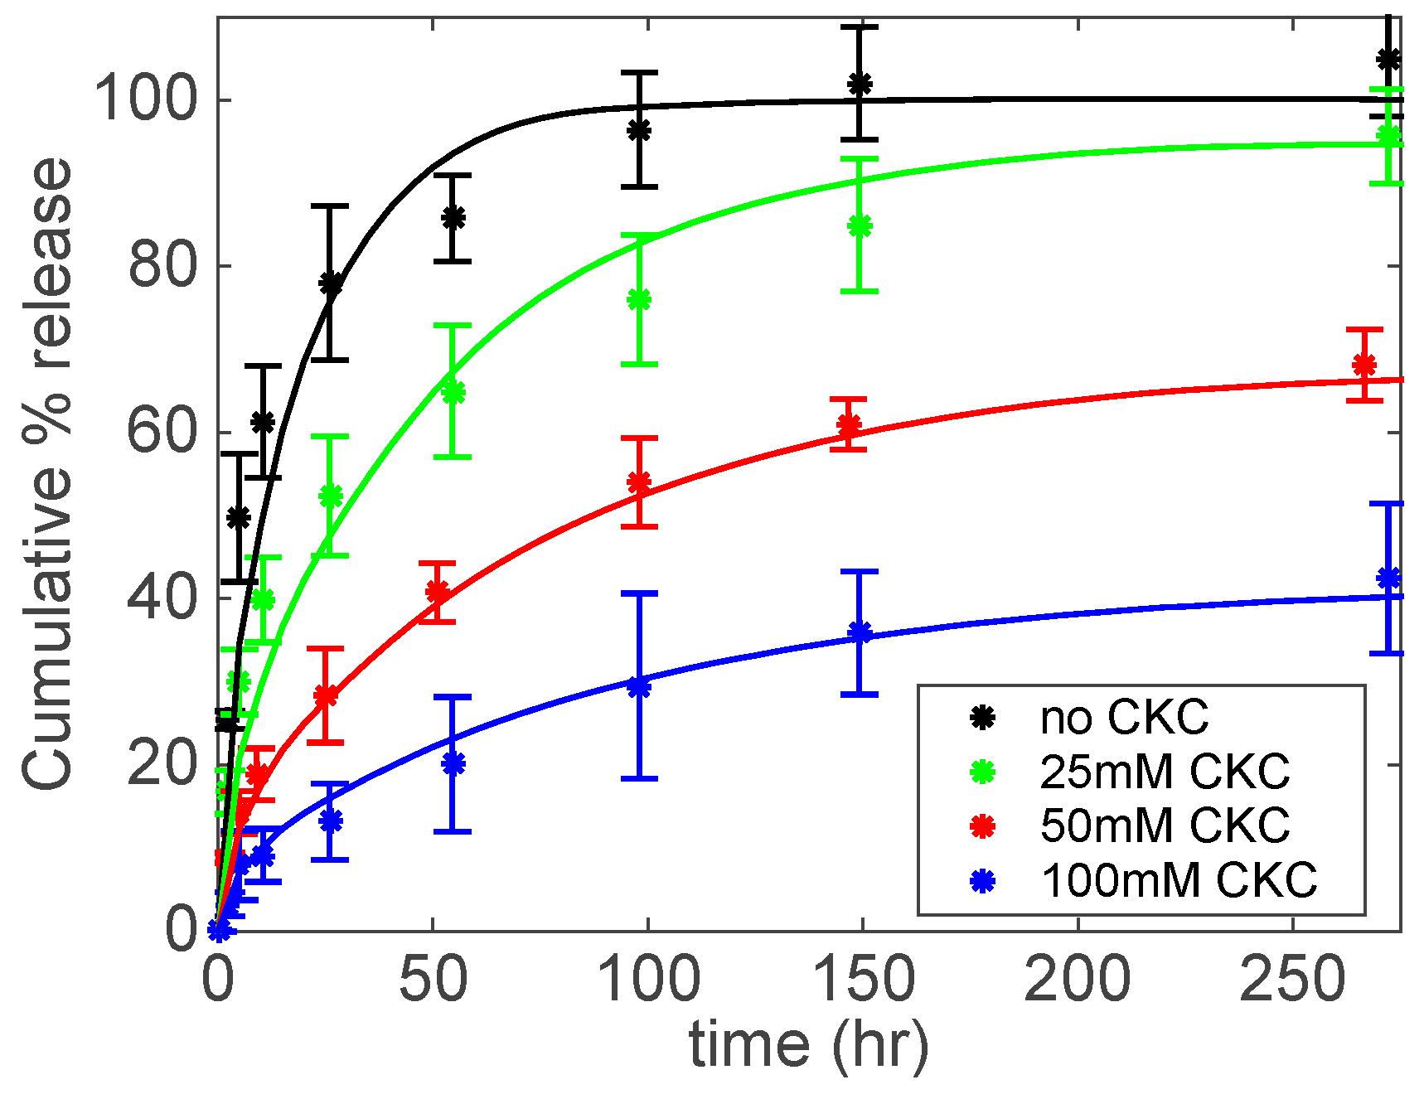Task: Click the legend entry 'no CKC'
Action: point(1124,718)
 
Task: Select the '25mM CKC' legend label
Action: point(1165,772)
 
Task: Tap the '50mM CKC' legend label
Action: point(1165,825)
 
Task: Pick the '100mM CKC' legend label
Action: point(1179,879)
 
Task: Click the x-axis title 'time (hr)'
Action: point(808,1044)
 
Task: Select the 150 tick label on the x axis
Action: point(862,980)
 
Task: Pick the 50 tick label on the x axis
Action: point(433,980)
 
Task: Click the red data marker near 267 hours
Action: point(1364,365)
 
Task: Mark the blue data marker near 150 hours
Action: point(860,633)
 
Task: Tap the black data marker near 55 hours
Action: point(453,218)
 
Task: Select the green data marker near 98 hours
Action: point(639,300)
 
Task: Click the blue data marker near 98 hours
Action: point(639,686)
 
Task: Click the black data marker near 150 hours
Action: point(860,84)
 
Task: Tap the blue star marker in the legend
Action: point(982,880)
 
